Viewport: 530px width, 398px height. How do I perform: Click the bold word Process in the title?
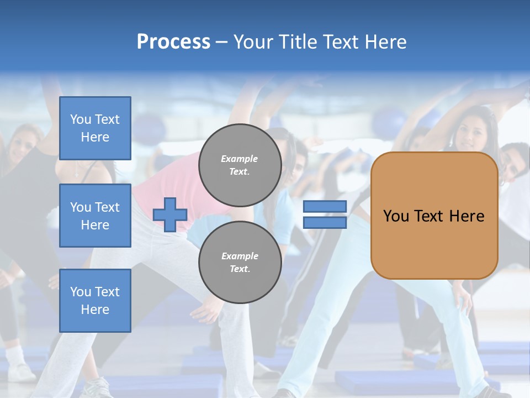173,42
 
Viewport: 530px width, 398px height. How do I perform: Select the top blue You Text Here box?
95,128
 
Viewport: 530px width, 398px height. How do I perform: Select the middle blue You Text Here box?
95,216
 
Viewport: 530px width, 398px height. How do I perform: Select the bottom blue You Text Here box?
95,300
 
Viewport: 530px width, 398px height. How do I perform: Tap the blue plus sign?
170,214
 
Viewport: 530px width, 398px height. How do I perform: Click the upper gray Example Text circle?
240,165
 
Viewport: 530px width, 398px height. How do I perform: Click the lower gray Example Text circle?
240,262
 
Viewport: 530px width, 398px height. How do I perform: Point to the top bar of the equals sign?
325,207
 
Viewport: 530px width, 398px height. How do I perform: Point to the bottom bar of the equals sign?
325,222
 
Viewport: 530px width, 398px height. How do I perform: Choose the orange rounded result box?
434,243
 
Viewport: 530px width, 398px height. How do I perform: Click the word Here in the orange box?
467,216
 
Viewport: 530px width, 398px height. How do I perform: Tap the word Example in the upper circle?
240,159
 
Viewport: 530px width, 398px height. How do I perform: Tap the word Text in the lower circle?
240,269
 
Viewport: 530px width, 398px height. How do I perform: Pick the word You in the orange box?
396,216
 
